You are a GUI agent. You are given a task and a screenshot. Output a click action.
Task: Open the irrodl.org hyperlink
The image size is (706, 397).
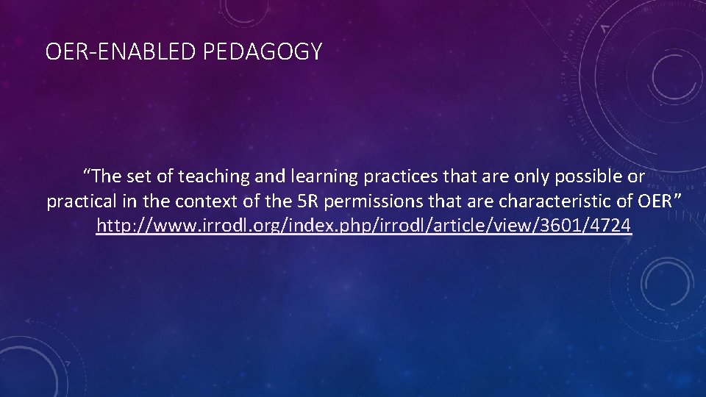coord(364,226)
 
